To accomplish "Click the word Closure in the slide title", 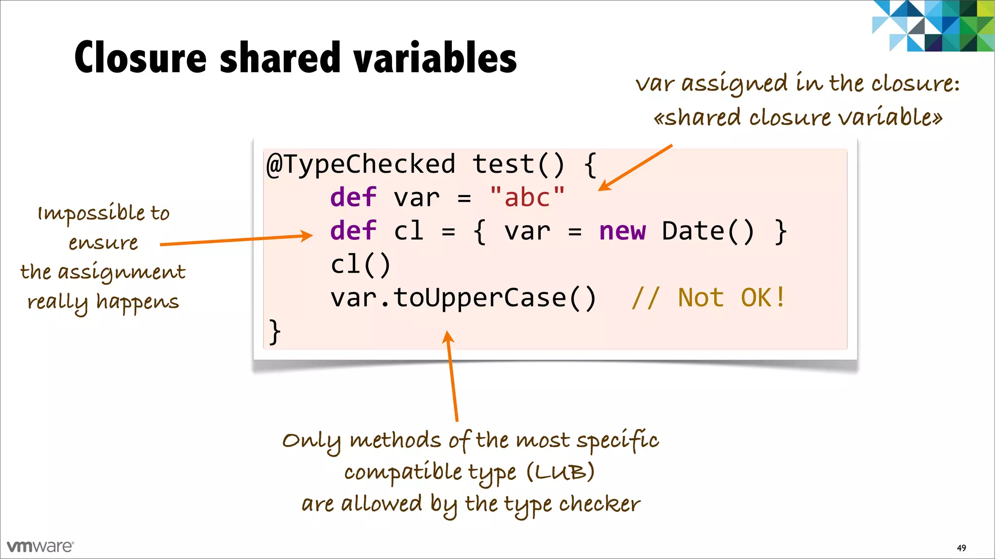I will click(x=141, y=58).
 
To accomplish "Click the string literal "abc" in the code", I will click(x=527, y=197).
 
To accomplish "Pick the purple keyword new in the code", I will click(x=622, y=231).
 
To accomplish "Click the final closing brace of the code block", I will click(x=274, y=331).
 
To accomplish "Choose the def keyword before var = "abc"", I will click(x=353, y=197).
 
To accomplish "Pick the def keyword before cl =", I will click(x=353, y=231).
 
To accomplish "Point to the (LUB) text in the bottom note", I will click(x=560, y=472).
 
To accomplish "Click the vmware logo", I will click(x=40, y=546).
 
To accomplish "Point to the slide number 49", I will click(x=961, y=548).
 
